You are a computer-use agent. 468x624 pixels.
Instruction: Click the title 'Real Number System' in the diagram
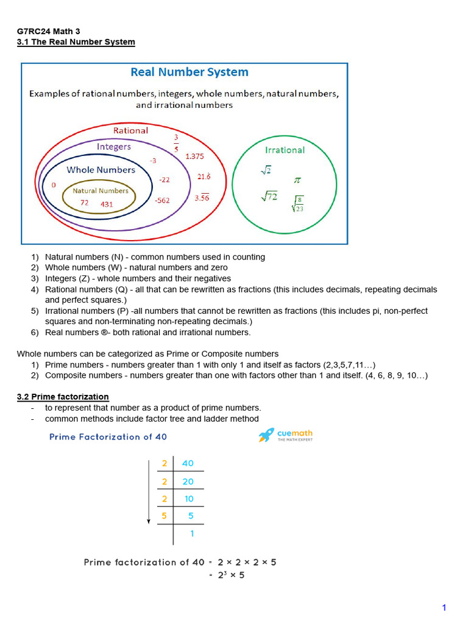[x=190, y=72]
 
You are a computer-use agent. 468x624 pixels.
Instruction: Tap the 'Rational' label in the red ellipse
[x=130, y=130]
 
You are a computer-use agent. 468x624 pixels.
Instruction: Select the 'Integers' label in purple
[x=113, y=147]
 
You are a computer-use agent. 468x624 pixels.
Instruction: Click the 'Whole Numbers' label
[x=101, y=170]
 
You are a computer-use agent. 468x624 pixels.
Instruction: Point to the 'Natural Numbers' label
[x=101, y=191]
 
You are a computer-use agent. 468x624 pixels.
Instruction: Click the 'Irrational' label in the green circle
[x=285, y=150]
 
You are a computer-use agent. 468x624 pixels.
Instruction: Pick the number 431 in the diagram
[x=107, y=204]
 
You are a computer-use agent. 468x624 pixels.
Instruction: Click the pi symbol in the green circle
[x=297, y=180]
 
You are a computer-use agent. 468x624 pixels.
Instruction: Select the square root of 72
[x=269, y=196]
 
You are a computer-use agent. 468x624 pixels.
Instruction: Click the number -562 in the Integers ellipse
[x=162, y=200]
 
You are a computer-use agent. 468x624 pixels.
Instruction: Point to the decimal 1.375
[x=194, y=157]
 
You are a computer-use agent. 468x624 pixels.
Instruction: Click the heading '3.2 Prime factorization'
[x=63, y=397]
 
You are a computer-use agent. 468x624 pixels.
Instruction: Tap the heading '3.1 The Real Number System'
[x=76, y=42]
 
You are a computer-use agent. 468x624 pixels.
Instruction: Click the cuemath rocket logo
[x=266, y=434]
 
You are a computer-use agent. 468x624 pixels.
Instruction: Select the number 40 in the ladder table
[x=188, y=463]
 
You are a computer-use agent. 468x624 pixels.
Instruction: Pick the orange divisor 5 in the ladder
[x=164, y=516]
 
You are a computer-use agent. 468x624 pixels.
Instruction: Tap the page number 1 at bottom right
[x=444, y=608]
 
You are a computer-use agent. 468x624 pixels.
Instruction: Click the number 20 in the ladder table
[x=188, y=481]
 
